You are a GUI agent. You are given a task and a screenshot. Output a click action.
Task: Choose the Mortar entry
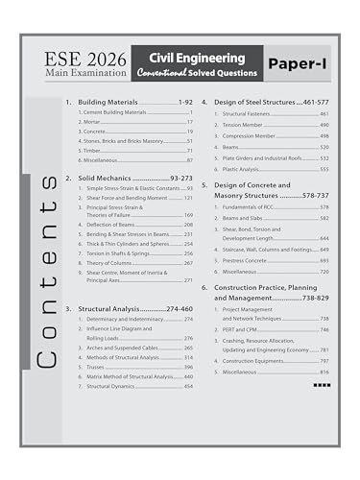[94, 123]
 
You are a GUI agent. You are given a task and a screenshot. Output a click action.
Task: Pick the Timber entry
[94, 151]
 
